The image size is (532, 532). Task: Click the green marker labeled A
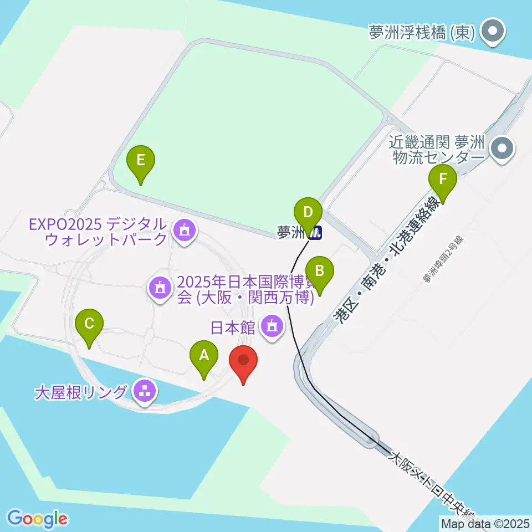[204, 355]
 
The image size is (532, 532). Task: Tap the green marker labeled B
[320, 271]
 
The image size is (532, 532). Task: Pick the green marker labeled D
[308, 212]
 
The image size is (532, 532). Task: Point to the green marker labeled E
[141, 161]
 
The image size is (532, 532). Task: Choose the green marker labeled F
[442, 180]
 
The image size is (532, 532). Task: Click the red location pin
[243, 361]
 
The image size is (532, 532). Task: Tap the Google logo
[37, 519]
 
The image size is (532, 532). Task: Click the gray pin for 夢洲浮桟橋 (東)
[491, 32]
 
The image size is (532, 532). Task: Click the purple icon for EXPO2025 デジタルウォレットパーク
[183, 232]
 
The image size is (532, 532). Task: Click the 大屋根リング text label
[81, 393]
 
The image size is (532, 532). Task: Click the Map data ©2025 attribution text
[485, 523]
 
